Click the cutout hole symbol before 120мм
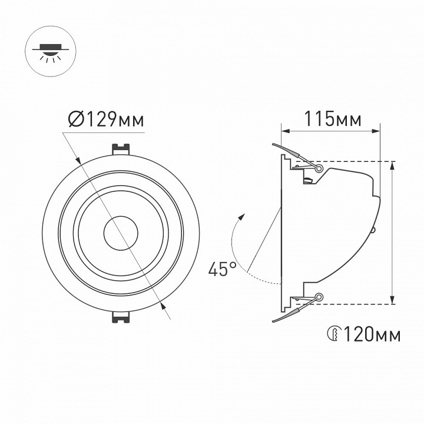(x=333, y=334)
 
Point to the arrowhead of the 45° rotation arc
(x=240, y=218)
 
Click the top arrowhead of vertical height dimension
(x=392, y=165)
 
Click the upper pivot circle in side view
(x=320, y=168)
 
